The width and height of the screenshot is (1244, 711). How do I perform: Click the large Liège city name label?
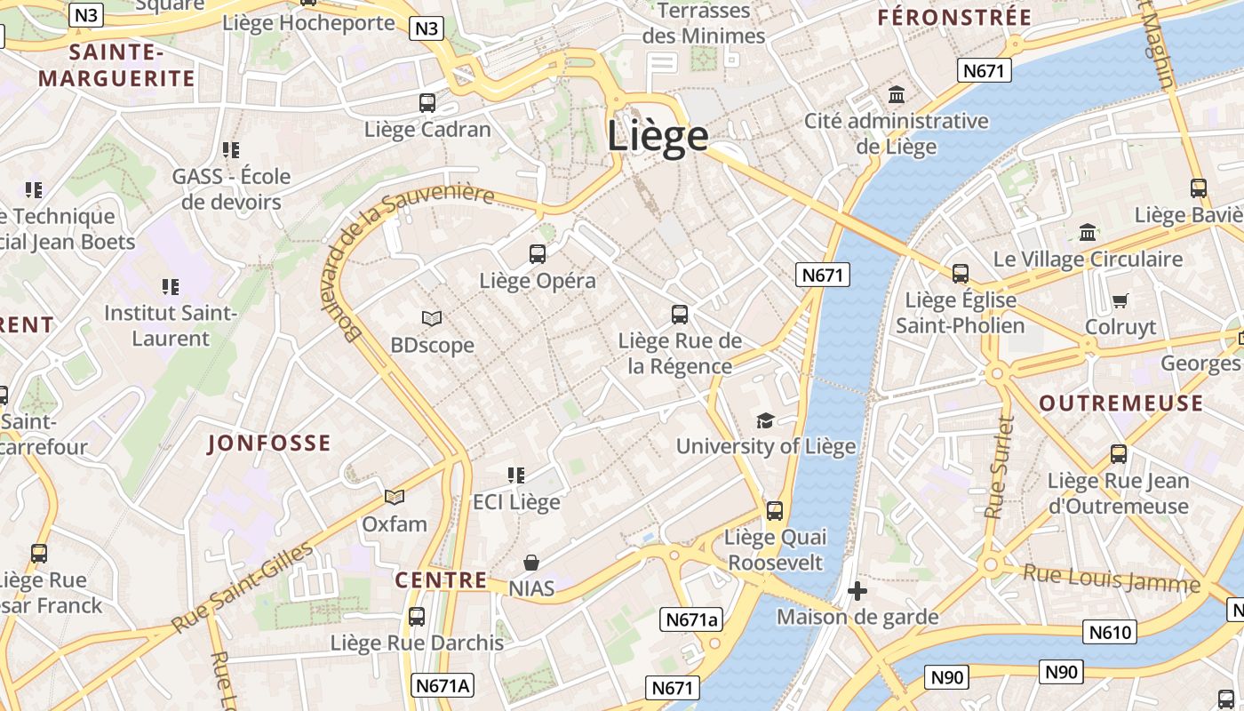pyautogui.click(x=658, y=136)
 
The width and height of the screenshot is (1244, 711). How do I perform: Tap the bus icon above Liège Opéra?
pyautogui.click(x=538, y=254)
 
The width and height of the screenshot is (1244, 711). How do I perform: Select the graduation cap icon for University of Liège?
pyautogui.click(x=765, y=420)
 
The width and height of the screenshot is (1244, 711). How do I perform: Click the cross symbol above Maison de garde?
pyautogui.click(x=857, y=590)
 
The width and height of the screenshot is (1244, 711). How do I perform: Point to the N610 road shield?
pyautogui.click(x=1110, y=633)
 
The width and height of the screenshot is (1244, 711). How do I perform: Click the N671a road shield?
pyautogui.click(x=691, y=619)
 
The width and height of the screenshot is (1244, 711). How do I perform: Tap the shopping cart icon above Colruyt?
pyautogui.click(x=1120, y=301)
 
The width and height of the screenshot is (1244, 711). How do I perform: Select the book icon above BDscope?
pyautogui.click(x=432, y=318)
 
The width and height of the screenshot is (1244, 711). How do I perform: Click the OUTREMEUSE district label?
pyautogui.click(x=1121, y=403)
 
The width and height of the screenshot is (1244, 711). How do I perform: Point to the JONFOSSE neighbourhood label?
pyautogui.click(x=269, y=443)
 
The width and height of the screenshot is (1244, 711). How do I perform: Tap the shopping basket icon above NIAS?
pyautogui.click(x=531, y=563)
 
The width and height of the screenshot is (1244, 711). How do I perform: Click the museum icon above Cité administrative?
pyautogui.click(x=897, y=94)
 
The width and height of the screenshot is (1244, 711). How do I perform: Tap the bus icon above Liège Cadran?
pyautogui.click(x=427, y=103)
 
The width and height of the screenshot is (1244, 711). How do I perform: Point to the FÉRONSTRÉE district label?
pyautogui.click(x=954, y=17)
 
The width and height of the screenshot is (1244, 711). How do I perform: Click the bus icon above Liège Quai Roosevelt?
pyautogui.click(x=775, y=511)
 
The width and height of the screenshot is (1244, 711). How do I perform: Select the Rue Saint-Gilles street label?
pyautogui.click(x=242, y=587)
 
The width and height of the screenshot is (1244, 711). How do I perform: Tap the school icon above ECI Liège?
pyautogui.click(x=516, y=475)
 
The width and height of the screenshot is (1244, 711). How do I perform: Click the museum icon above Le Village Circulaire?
pyautogui.click(x=1088, y=233)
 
